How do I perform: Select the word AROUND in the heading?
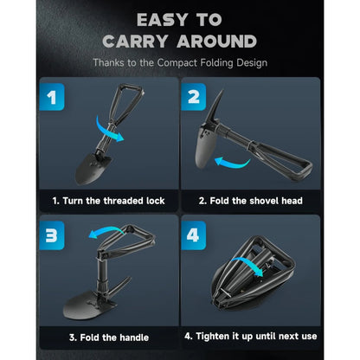(215, 41)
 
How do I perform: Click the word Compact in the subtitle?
(186, 62)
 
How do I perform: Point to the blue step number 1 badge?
(54, 96)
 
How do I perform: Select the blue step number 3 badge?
(54, 235)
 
